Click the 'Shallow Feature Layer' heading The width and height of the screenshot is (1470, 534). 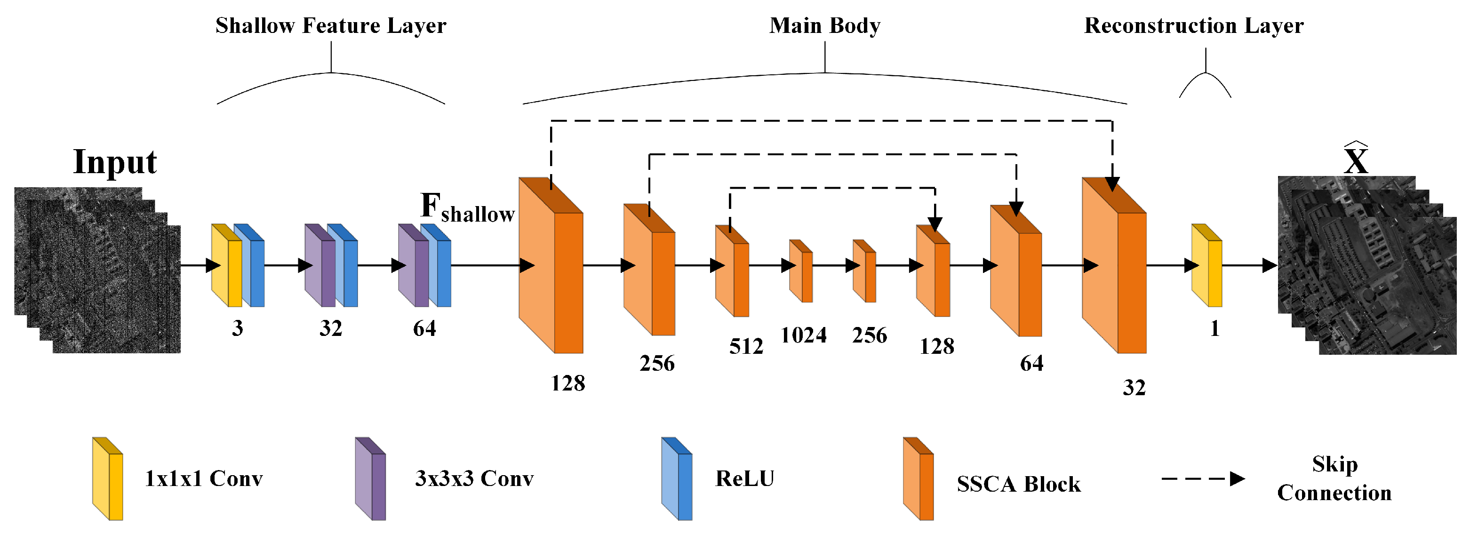[330, 26]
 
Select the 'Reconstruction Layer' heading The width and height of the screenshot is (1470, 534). [1194, 26]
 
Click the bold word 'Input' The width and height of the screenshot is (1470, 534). [115, 162]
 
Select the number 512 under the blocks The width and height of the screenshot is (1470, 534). [746, 346]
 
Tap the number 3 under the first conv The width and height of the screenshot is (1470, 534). [237, 328]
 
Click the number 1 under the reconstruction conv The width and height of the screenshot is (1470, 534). [1214, 328]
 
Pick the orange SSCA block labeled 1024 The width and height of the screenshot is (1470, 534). [800, 271]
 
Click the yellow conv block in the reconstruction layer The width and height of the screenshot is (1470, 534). [1206, 265]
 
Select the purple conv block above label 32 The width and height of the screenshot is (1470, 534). [320, 265]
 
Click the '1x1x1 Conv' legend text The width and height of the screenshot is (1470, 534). [204, 478]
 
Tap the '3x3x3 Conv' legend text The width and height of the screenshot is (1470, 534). [474, 478]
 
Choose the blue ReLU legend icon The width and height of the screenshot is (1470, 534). [677, 479]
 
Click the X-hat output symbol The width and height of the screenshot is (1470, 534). [1355, 160]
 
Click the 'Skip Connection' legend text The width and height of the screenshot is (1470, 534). [1334, 478]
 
